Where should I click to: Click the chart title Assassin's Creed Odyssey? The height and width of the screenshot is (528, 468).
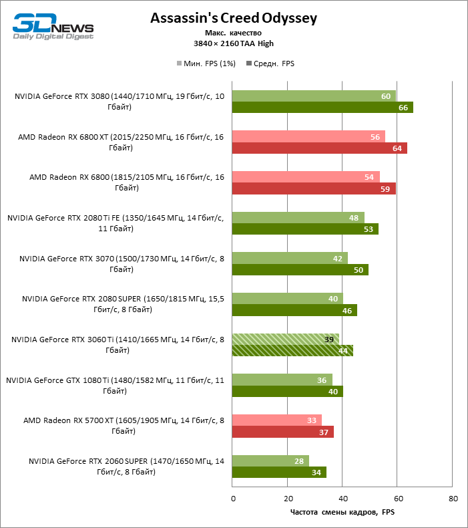pyautogui.click(x=234, y=18)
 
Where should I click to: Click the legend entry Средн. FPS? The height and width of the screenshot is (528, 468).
pyautogui.click(x=270, y=63)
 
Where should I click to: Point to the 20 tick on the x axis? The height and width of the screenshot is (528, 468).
pyautogui.click(x=288, y=499)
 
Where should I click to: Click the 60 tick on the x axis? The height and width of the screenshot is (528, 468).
pyautogui.click(x=398, y=499)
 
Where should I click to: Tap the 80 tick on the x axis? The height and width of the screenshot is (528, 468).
pyautogui.click(x=453, y=499)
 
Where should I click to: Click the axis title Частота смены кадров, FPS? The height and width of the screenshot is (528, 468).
pyautogui.click(x=342, y=512)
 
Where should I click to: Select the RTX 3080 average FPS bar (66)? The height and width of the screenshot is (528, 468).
pyautogui.click(x=322, y=107)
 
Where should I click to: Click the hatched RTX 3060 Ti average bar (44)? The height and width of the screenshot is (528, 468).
pyautogui.click(x=292, y=350)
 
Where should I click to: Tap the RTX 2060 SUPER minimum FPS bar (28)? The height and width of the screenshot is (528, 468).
pyautogui.click(x=270, y=460)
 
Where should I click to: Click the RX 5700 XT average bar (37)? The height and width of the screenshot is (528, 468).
pyautogui.click(x=282, y=432)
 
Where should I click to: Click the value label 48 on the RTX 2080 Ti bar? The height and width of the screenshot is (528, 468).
pyautogui.click(x=355, y=218)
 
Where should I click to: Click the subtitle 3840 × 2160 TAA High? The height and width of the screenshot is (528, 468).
pyautogui.click(x=234, y=43)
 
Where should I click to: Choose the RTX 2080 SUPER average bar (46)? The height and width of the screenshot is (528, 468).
pyautogui.click(x=294, y=310)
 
